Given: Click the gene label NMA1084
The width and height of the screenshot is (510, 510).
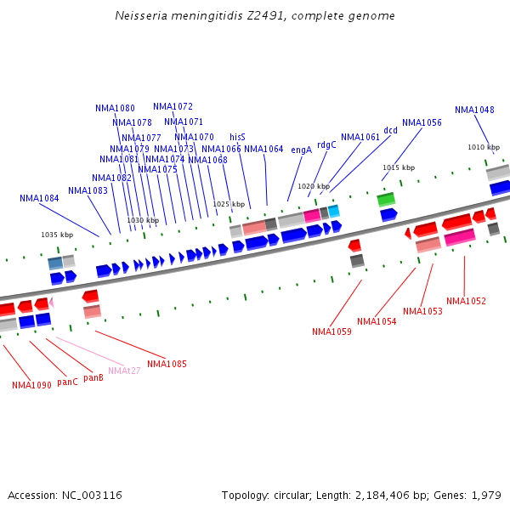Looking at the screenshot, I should click(39, 198).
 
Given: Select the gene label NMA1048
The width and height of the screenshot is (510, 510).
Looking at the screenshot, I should click(474, 110).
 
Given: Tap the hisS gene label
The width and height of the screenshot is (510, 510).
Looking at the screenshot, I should click(237, 137).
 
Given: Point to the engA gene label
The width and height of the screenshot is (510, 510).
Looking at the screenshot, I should click(302, 150).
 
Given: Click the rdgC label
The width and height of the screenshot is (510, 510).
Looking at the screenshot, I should click(326, 144).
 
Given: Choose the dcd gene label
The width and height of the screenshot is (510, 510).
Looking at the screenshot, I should click(390, 130).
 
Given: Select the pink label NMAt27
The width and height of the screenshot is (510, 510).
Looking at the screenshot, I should click(124, 371).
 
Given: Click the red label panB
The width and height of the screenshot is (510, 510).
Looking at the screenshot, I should click(93, 377).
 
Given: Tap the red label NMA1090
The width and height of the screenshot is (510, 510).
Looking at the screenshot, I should click(31, 385).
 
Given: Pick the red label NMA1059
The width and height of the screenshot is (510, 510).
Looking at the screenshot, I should click(331, 331).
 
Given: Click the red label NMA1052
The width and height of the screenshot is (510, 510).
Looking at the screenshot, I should click(466, 301).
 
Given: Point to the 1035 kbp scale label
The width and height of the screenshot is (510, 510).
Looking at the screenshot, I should click(57, 235).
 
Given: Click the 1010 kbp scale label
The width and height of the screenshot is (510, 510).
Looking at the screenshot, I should click(483, 147).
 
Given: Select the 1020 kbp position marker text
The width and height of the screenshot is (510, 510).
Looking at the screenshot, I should click(313, 186).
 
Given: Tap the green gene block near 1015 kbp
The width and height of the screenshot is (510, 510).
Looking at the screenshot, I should click(386, 200).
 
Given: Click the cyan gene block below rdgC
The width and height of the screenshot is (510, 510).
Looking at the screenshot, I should click(334, 210).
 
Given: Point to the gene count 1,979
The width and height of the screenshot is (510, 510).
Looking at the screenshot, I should click(484, 495).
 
